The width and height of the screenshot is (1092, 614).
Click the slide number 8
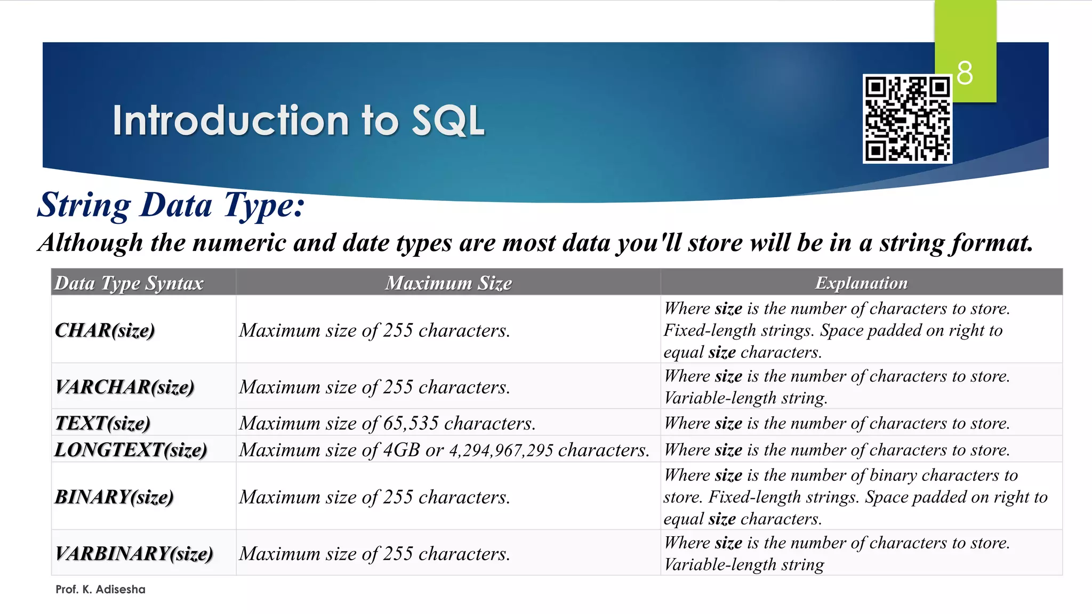[965, 73]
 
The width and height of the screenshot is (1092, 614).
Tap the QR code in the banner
[907, 119]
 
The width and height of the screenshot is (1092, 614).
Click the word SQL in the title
[448, 120]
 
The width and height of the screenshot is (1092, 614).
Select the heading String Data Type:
[171, 205]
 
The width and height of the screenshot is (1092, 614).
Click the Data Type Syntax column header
[129, 283]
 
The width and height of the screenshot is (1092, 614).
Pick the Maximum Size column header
[448, 283]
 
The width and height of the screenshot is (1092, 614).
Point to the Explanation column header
[861, 283]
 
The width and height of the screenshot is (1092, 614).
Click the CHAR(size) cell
[105, 330]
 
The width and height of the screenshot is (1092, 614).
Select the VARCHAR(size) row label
[125, 387]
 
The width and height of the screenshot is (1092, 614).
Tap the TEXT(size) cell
[103, 423]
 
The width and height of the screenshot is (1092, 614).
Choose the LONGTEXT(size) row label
[131, 450]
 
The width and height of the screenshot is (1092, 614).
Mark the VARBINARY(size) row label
[134, 554]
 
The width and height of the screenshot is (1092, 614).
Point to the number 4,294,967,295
[501, 450]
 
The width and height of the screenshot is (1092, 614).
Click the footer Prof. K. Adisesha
[100, 589]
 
